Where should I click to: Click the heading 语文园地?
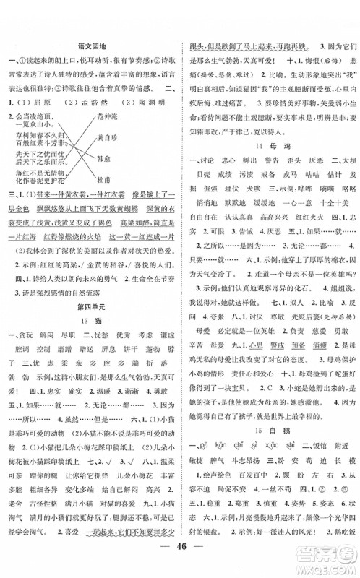91,46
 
